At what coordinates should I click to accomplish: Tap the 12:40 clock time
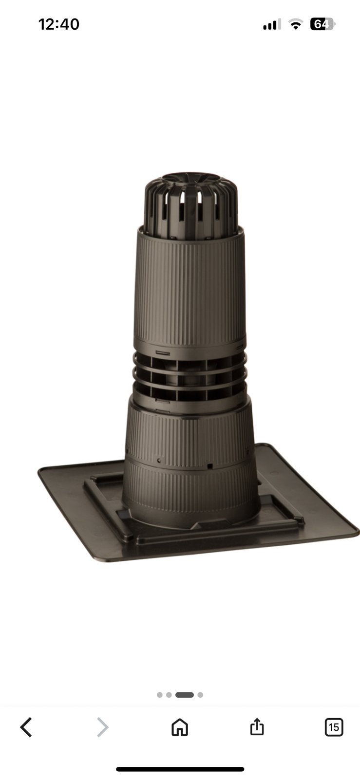59,24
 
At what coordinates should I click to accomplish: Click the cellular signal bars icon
272,25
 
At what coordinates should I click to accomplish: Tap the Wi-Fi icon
296,24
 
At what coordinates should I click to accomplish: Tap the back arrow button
26,727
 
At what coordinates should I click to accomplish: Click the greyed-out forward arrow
103,727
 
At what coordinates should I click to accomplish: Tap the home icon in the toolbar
180,727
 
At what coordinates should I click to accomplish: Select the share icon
257,726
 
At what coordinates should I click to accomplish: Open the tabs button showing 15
334,727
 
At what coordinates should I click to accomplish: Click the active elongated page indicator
185,695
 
